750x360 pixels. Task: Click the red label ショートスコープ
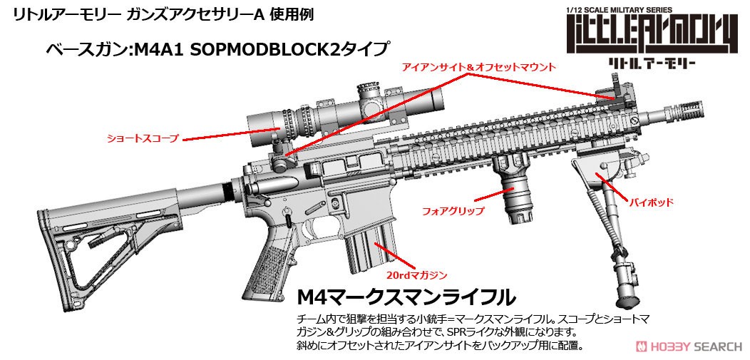tap(143, 138)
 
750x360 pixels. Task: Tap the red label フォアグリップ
tap(453, 210)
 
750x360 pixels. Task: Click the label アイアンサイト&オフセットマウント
tap(479, 68)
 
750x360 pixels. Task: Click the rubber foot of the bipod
tap(626, 302)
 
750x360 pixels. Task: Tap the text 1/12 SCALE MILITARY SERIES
tap(619, 9)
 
